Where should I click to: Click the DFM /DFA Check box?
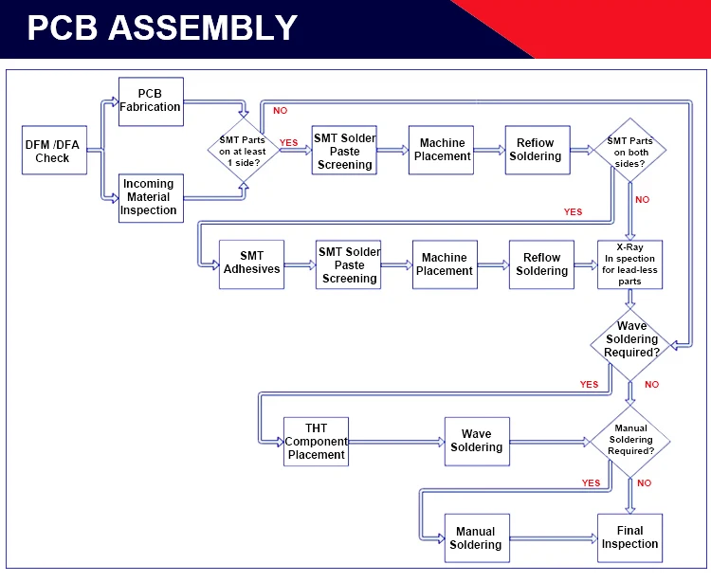(x=54, y=150)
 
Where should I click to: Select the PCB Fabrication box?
(x=151, y=101)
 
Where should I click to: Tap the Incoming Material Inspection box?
(x=151, y=198)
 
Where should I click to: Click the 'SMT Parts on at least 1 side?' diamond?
(x=244, y=151)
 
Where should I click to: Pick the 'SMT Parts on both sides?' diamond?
(x=629, y=150)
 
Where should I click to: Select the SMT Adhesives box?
(x=251, y=264)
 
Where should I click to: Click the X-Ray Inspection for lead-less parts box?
(x=629, y=264)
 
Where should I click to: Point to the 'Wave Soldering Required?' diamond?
(x=630, y=345)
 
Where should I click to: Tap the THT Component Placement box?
(x=316, y=442)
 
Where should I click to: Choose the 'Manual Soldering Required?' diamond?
(x=630, y=441)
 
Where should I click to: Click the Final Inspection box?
(x=629, y=538)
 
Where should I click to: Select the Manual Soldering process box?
(x=477, y=538)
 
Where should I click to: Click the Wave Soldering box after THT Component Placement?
(x=477, y=442)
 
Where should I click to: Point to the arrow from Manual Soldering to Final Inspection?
(x=554, y=538)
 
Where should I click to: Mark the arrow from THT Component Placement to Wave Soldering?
(x=397, y=442)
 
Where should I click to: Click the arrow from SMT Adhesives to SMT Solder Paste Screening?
(x=301, y=265)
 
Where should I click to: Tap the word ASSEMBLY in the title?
(x=203, y=27)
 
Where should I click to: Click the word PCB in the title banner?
(x=63, y=27)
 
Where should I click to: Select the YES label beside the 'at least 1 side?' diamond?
(x=289, y=143)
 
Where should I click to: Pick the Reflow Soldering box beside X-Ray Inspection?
(x=541, y=264)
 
